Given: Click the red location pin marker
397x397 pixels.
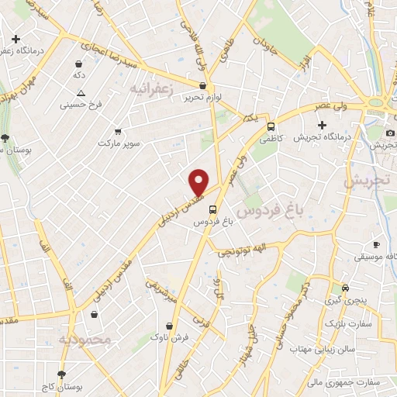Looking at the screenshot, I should tap(199, 181).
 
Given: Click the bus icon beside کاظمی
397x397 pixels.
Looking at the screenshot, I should tap(271, 126).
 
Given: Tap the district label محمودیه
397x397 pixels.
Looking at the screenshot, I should tap(85, 339).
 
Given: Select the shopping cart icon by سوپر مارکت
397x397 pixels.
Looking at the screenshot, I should tap(117, 132).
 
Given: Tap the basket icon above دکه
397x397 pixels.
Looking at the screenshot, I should tap(78, 64).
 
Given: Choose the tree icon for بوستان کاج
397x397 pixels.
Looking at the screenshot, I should tap(62, 375).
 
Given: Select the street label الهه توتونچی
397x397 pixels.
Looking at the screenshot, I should tap(240, 249).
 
